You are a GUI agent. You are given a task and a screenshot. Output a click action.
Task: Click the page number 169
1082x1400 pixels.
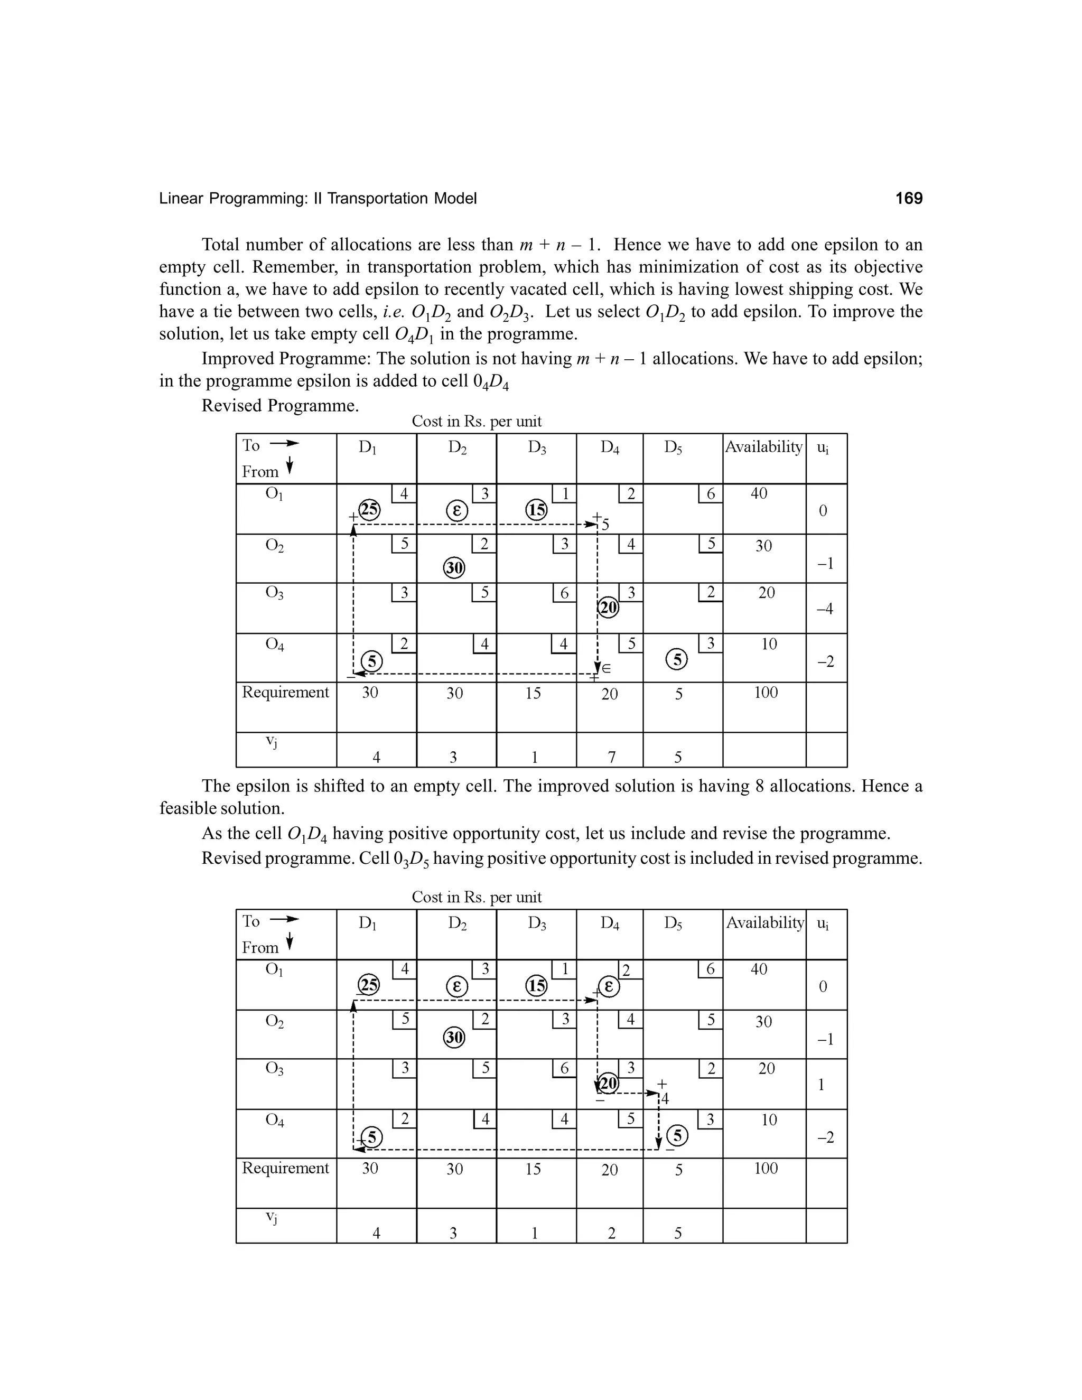(x=908, y=199)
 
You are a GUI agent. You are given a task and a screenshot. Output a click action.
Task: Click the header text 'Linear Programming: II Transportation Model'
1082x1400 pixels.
(x=318, y=199)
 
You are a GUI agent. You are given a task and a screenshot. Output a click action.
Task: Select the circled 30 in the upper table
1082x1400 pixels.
(x=454, y=567)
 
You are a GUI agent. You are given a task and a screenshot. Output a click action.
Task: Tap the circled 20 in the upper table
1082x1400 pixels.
(x=608, y=607)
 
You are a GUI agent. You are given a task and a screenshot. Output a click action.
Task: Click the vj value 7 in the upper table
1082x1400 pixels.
(x=611, y=758)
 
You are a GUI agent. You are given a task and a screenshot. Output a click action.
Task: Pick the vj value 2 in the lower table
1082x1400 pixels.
(x=611, y=1234)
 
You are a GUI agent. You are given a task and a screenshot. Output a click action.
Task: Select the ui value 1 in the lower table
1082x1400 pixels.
(x=821, y=1085)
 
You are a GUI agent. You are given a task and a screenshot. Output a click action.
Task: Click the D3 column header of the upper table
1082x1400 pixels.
(x=537, y=448)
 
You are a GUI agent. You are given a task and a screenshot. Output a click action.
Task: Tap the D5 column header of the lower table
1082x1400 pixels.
(x=673, y=923)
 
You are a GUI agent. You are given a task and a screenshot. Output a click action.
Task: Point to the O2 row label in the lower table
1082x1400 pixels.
(x=274, y=1021)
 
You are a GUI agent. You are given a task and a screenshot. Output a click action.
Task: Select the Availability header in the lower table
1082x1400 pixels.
(x=764, y=922)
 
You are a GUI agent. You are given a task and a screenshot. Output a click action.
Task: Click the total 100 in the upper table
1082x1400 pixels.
(x=766, y=692)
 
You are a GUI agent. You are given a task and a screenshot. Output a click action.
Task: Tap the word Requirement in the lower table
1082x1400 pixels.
(x=285, y=1168)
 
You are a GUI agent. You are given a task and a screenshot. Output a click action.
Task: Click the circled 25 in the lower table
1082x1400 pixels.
(x=369, y=985)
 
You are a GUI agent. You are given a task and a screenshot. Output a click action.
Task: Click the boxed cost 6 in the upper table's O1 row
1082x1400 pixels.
(x=710, y=493)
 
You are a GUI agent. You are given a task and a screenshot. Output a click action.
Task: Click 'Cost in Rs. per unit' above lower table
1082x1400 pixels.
(x=476, y=897)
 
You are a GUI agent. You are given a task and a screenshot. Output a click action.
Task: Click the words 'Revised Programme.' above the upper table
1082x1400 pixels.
(x=280, y=406)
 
